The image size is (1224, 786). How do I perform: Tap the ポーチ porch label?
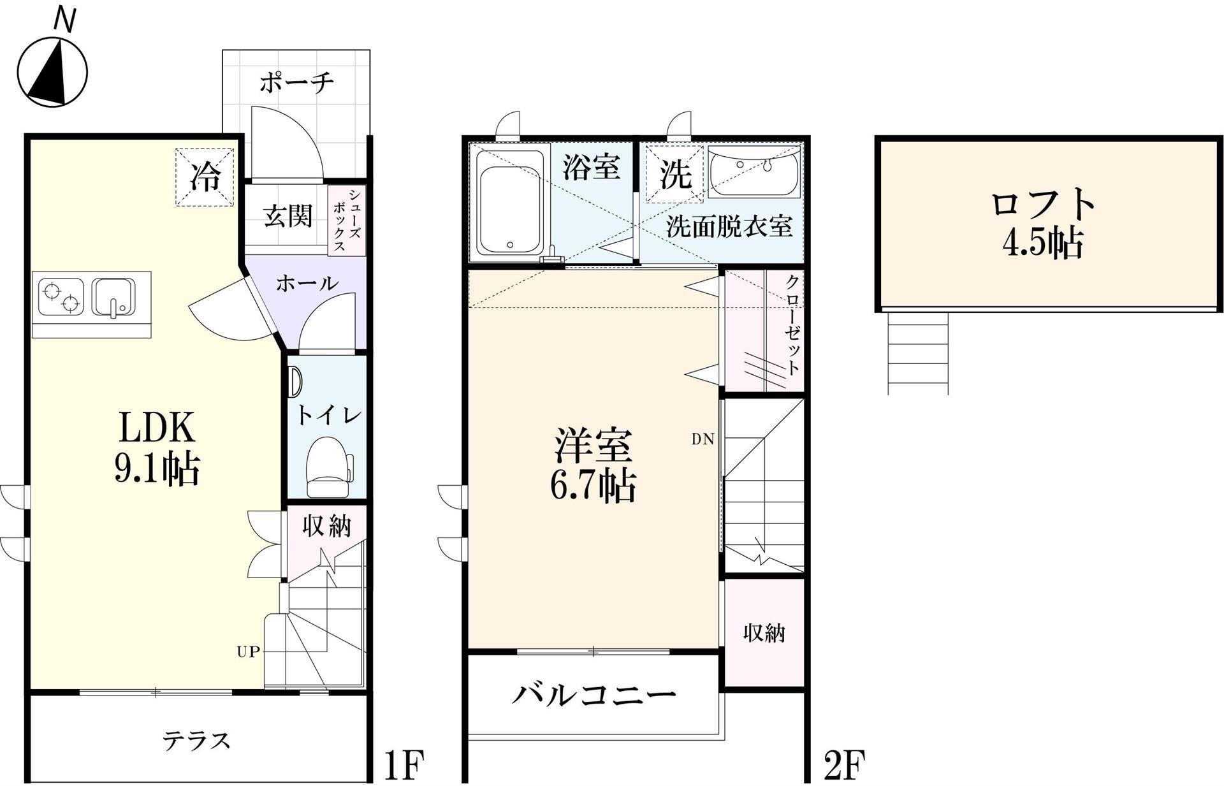(296, 83)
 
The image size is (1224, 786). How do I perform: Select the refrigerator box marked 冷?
(205, 177)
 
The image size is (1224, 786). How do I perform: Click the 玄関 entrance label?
(288, 217)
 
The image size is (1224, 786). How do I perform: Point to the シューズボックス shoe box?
(347, 221)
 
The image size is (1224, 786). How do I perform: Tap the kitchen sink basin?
(113, 297)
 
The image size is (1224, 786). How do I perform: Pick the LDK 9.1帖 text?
(157, 448)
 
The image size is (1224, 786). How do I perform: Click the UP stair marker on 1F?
(248, 652)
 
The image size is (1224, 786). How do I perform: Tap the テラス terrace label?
(196, 741)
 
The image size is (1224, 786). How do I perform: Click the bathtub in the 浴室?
(509, 210)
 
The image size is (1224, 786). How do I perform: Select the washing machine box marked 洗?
(674, 174)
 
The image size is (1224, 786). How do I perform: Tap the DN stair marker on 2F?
(703, 439)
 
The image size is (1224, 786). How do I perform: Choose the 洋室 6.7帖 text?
(593, 466)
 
